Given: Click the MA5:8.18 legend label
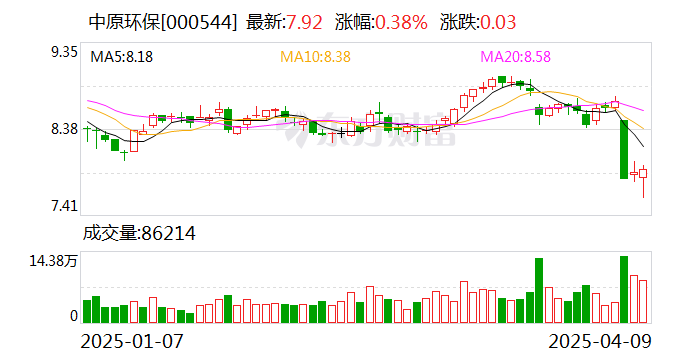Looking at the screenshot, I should pos(122,58).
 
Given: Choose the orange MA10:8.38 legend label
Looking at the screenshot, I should pos(315,58).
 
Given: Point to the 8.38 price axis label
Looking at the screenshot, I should pos(64,129).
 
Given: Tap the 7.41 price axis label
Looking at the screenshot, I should pos(64,206).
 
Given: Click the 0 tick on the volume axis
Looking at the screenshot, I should pos(73,316).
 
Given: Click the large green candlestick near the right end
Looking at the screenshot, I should pos(624,150).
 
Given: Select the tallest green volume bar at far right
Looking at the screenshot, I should pos(624,290).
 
